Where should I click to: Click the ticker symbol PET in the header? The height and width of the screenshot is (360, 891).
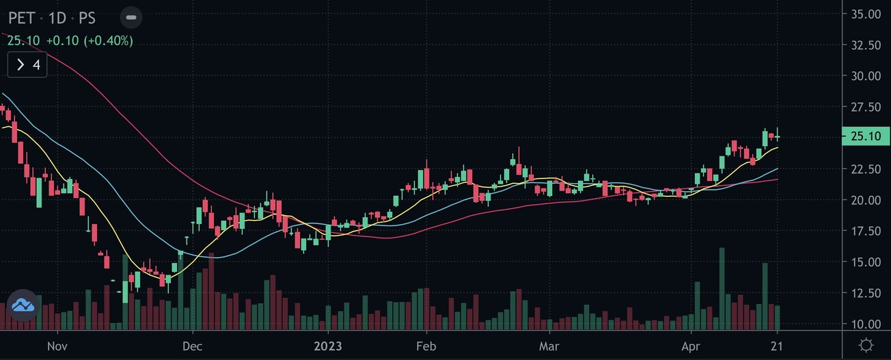coord(22,18)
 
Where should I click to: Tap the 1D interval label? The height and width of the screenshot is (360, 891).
coord(57,18)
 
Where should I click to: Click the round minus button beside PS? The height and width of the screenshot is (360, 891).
coord(131,17)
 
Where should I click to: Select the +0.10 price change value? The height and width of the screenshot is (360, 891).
coord(63,41)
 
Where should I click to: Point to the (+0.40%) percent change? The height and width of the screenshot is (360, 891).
coord(109,41)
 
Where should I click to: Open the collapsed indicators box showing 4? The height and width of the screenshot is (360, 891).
coord(28,66)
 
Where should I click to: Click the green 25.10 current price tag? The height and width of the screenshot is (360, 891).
coord(864,136)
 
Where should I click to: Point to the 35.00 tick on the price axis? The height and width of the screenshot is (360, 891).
coord(864,14)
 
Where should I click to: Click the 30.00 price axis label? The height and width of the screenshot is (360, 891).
coord(864,76)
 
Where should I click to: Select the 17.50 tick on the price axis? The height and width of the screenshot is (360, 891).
coord(864,231)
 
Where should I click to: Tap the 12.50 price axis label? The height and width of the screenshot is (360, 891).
coord(864,293)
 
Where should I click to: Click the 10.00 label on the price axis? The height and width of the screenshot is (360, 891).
coord(864,324)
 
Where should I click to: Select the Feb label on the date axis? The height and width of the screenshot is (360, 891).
coord(426,346)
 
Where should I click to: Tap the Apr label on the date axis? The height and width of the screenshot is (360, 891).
coord(691,346)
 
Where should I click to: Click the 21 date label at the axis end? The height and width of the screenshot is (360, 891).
coord(777,346)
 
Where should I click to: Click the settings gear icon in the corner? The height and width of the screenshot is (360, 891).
coord(866,345)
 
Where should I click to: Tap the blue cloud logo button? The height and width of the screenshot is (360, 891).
coord(23,305)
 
